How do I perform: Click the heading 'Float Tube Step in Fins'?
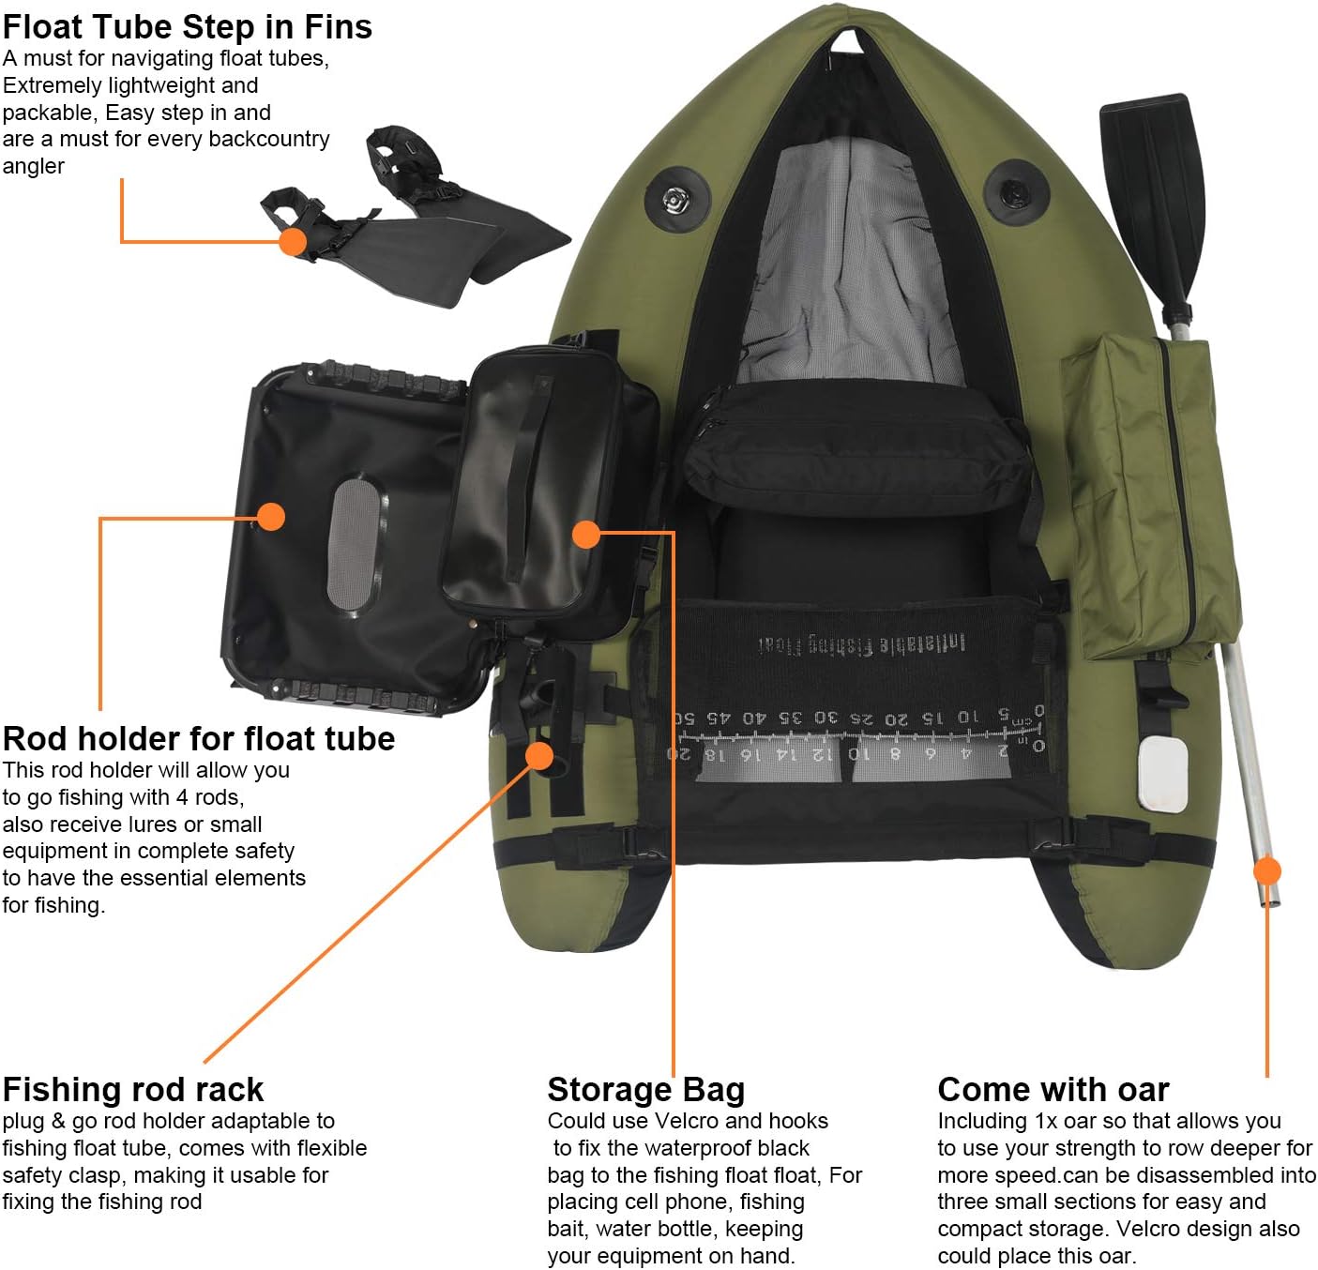click(188, 27)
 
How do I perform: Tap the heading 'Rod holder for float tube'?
click(199, 739)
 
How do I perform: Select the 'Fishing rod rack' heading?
click(133, 1090)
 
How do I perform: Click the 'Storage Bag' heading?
click(646, 1090)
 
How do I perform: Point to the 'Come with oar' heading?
click(1053, 1090)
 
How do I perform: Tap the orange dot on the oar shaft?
click(1267, 871)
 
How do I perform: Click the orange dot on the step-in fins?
click(294, 241)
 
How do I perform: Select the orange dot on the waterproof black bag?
click(586, 534)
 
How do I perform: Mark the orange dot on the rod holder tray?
click(271, 516)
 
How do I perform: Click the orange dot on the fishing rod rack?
click(539, 755)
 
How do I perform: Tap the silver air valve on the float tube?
click(674, 199)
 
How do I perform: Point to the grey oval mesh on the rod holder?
click(356, 543)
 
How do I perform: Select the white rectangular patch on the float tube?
click(1162, 773)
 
